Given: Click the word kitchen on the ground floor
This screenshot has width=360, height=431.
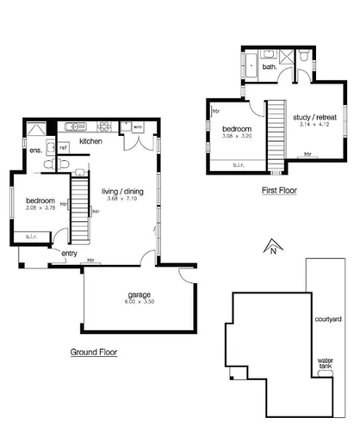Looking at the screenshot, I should pyautogui.click(x=90, y=140).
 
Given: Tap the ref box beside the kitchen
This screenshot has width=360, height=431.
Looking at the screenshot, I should pyautogui.click(x=63, y=148).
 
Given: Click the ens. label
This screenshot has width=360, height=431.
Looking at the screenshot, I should pyautogui.click(x=36, y=151).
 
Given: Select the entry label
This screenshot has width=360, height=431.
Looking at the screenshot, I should pyautogui.click(x=69, y=254).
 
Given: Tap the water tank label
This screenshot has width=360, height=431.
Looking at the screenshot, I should pyautogui.click(x=326, y=364).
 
